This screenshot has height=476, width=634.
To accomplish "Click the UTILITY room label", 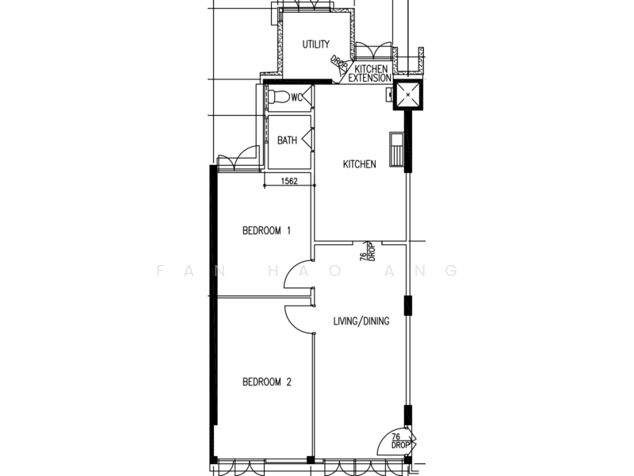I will click(315, 44).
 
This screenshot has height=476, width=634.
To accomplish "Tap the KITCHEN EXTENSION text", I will click(371, 74).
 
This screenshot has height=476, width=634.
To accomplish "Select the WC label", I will click(296, 98).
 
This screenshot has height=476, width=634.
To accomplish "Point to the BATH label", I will click(287, 140).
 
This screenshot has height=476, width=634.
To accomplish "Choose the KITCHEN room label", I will click(359, 164).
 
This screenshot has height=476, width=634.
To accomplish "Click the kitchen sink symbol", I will click(396, 147).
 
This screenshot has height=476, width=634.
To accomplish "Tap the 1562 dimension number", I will click(289, 182).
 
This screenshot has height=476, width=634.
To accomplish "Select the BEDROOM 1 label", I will click(267, 231).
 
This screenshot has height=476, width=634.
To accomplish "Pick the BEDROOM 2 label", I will click(267, 382).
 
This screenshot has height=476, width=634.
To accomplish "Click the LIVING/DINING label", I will click(361, 321).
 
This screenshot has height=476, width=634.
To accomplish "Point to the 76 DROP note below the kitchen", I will click(366, 252).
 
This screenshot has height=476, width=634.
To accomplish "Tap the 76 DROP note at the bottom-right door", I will click(401, 441).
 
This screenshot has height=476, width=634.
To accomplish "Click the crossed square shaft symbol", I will click(408, 95).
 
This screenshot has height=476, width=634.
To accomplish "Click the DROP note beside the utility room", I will click(339, 63).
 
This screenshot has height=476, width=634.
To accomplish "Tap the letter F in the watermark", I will click(161, 271).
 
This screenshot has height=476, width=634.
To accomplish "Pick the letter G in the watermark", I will click(453, 271).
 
